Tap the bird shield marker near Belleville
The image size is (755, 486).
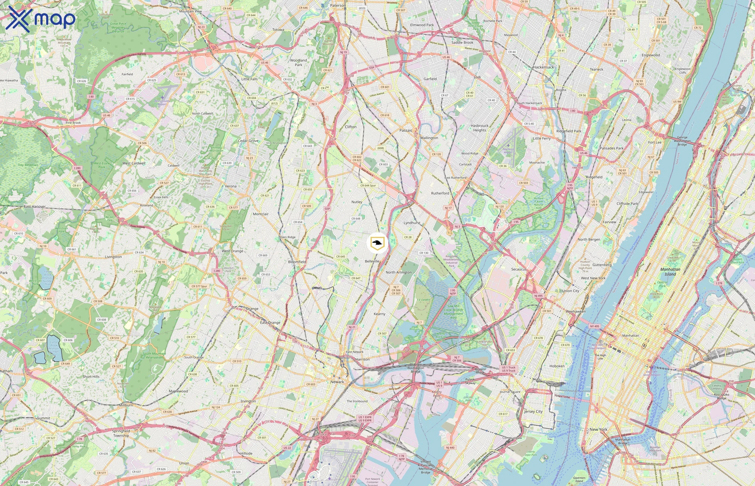(377, 243)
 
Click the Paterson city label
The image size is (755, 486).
(338, 5)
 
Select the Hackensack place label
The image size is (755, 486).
(543, 67)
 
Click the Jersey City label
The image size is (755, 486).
(533, 411)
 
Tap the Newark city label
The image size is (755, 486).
(337, 382)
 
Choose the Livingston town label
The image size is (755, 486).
(113, 257)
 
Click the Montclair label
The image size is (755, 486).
(260, 214)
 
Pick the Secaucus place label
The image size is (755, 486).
(519, 269)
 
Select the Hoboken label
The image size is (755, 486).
(557, 366)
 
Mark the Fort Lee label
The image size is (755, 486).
(655, 142)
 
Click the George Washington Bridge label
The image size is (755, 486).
(682, 141)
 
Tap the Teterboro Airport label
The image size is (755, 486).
(508, 151)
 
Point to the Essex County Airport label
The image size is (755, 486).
(162, 103)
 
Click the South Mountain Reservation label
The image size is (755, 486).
(155, 355)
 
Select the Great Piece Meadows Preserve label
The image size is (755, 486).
(118, 28)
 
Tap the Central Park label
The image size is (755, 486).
(662, 284)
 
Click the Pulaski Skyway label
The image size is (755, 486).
(470, 381)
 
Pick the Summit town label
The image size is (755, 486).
(43, 418)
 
